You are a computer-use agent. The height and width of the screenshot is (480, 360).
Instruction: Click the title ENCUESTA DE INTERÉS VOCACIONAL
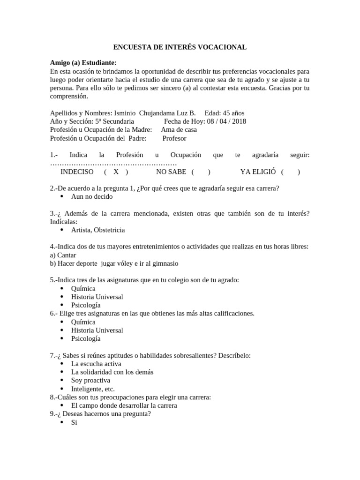pyautogui.click(x=180, y=47)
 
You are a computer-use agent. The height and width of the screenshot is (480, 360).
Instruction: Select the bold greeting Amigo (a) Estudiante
pyautogui.click(x=83, y=63)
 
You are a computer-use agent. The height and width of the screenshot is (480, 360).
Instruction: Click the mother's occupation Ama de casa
pyautogui.click(x=179, y=130)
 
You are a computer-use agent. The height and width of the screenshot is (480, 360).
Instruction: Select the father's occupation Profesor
pyautogui.click(x=174, y=138)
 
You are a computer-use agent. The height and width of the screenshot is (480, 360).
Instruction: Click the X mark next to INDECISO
pyautogui.click(x=116, y=172)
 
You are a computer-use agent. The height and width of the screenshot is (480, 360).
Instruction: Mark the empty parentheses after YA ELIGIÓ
pyautogui.click(x=290, y=172)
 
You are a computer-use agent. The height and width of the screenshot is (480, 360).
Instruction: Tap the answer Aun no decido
pyautogui.click(x=92, y=196)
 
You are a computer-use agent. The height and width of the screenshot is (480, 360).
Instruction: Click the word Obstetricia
pyautogui.click(x=109, y=230)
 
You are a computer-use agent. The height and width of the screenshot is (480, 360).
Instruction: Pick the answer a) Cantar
pyautogui.click(x=63, y=255)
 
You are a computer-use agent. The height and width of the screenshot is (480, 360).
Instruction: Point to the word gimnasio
pyautogui.click(x=164, y=264)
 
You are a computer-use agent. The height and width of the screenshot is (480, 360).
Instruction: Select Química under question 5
pyautogui.click(x=83, y=288)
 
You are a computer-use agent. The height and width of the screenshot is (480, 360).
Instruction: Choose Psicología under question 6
pyautogui.click(x=86, y=338)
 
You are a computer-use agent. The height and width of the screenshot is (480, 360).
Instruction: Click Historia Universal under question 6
pyautogui.click(x=97, y=330)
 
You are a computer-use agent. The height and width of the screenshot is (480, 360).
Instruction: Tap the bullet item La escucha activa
pyautogui.click(x=96, y=363)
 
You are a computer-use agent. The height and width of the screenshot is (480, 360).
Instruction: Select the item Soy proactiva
pyautogui.click(x=90, y=380)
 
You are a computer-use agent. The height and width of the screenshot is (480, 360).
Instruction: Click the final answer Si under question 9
pyautogui.click(x=74, y=422)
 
